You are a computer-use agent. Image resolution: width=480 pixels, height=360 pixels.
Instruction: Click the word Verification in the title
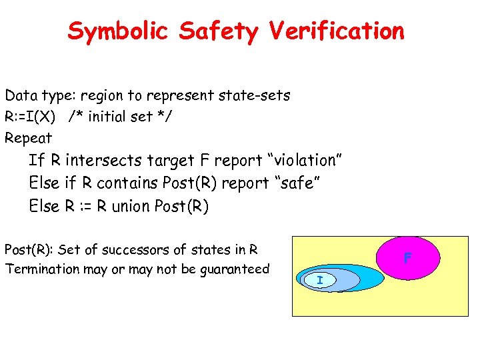coord(337,31)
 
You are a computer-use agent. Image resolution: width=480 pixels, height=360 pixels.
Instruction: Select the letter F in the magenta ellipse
coord(408,257)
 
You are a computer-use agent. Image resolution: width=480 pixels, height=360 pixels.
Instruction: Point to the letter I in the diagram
coord(320,281)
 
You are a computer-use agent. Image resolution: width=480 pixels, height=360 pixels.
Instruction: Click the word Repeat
coord(28,138)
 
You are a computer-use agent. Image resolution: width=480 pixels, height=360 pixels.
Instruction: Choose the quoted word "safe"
coord(299,183)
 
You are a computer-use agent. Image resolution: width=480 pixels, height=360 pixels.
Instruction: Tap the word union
coord(124,206)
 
